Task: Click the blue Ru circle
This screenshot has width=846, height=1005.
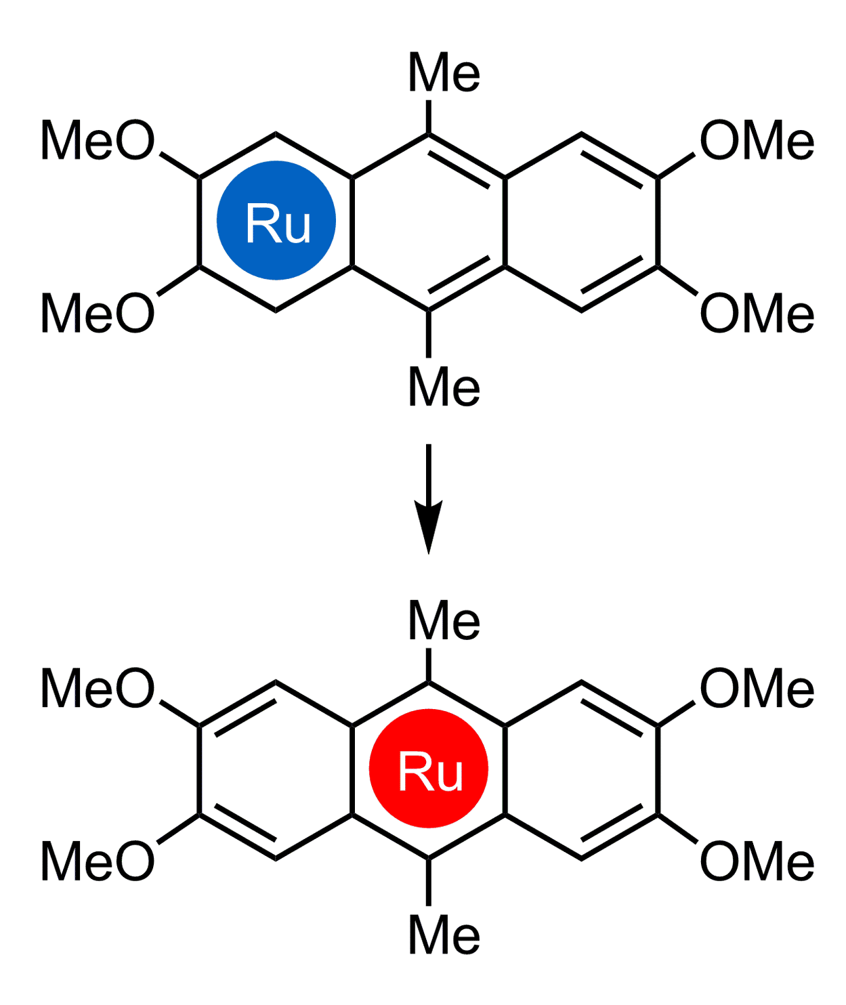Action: click(276, 221)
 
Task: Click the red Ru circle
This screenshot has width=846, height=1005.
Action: click(429, 769)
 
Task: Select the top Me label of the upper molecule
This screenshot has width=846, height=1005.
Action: click(444, 72)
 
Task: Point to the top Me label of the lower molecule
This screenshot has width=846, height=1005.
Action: click(444, 620)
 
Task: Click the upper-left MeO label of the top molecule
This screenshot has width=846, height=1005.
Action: click(98, 140)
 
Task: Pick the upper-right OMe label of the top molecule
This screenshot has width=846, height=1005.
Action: click(757, 140)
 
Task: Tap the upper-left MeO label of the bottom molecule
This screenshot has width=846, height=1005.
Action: click(98, 688)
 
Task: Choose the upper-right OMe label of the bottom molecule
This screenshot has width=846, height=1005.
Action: click(757, 688)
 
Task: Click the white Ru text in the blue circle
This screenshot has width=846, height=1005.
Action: click(278, 223)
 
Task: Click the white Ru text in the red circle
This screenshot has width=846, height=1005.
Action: click(431, 771)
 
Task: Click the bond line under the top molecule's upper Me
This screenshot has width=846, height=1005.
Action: click(429, 116)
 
